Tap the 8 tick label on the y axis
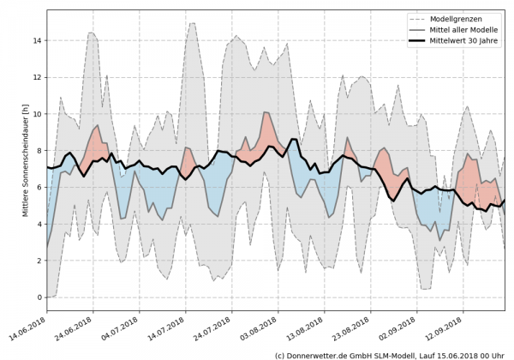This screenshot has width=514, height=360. coord(38,151)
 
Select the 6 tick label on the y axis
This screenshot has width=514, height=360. coord(38,188)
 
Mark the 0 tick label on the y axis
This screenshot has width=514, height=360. coord(38,297)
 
